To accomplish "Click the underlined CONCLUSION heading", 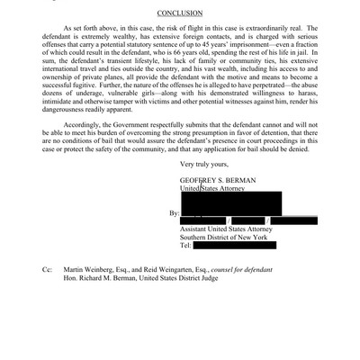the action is pos(179,14).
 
